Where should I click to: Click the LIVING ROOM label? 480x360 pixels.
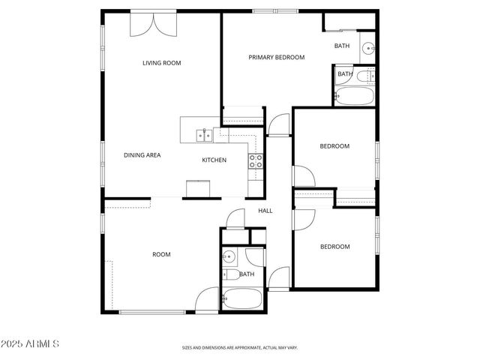click(162, 63)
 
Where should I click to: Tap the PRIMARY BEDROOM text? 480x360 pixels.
click(277, 57)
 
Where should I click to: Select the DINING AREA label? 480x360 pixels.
click(142, 155)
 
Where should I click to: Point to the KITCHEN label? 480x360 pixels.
click(214, 160)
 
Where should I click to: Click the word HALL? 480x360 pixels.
click(265, 211)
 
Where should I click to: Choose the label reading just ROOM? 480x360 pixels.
click(161, 254)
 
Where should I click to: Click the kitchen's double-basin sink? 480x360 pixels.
click(202, 135)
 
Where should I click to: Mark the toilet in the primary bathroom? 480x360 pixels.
click(366, 75)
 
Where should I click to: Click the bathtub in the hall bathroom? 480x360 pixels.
click(241, 298)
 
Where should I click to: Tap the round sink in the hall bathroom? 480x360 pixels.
click(229, 258)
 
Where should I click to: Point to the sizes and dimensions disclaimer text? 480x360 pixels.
click(240, 347)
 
